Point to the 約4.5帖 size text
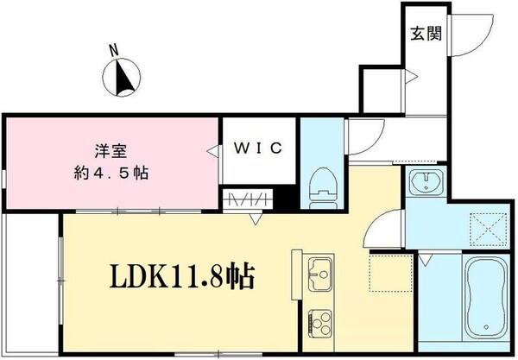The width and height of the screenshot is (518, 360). point(111,172)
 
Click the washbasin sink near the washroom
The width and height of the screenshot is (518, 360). point(424,185)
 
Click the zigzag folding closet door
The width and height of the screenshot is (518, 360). point(245,201)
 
